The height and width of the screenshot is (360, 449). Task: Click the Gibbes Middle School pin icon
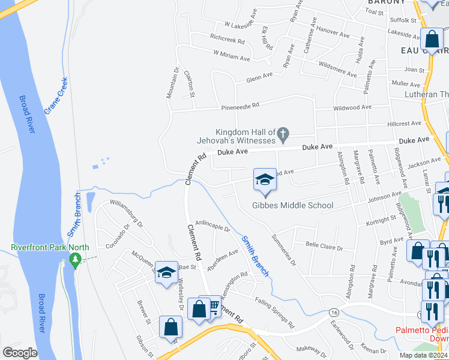(x=265, y=180)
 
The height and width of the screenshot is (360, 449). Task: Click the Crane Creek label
(x=55, y=95)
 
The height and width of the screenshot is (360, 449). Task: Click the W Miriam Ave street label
(x=231, y=56)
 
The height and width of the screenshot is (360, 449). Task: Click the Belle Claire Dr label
(x=324, y=247)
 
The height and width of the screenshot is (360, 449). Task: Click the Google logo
(x=20, y=353)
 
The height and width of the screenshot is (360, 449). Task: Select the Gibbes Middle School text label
(x=292, y=205)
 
